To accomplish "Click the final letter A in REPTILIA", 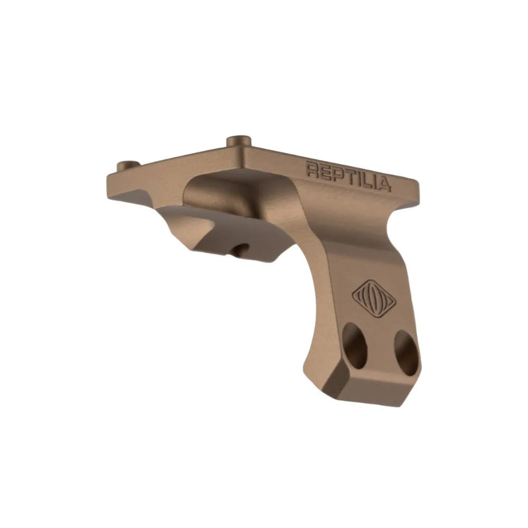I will pyautogui.click(x=384, y=184).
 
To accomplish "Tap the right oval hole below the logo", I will pyautogui.click(x=407, y=353).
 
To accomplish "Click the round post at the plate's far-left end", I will pyautogui.click(x=126, y=165).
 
